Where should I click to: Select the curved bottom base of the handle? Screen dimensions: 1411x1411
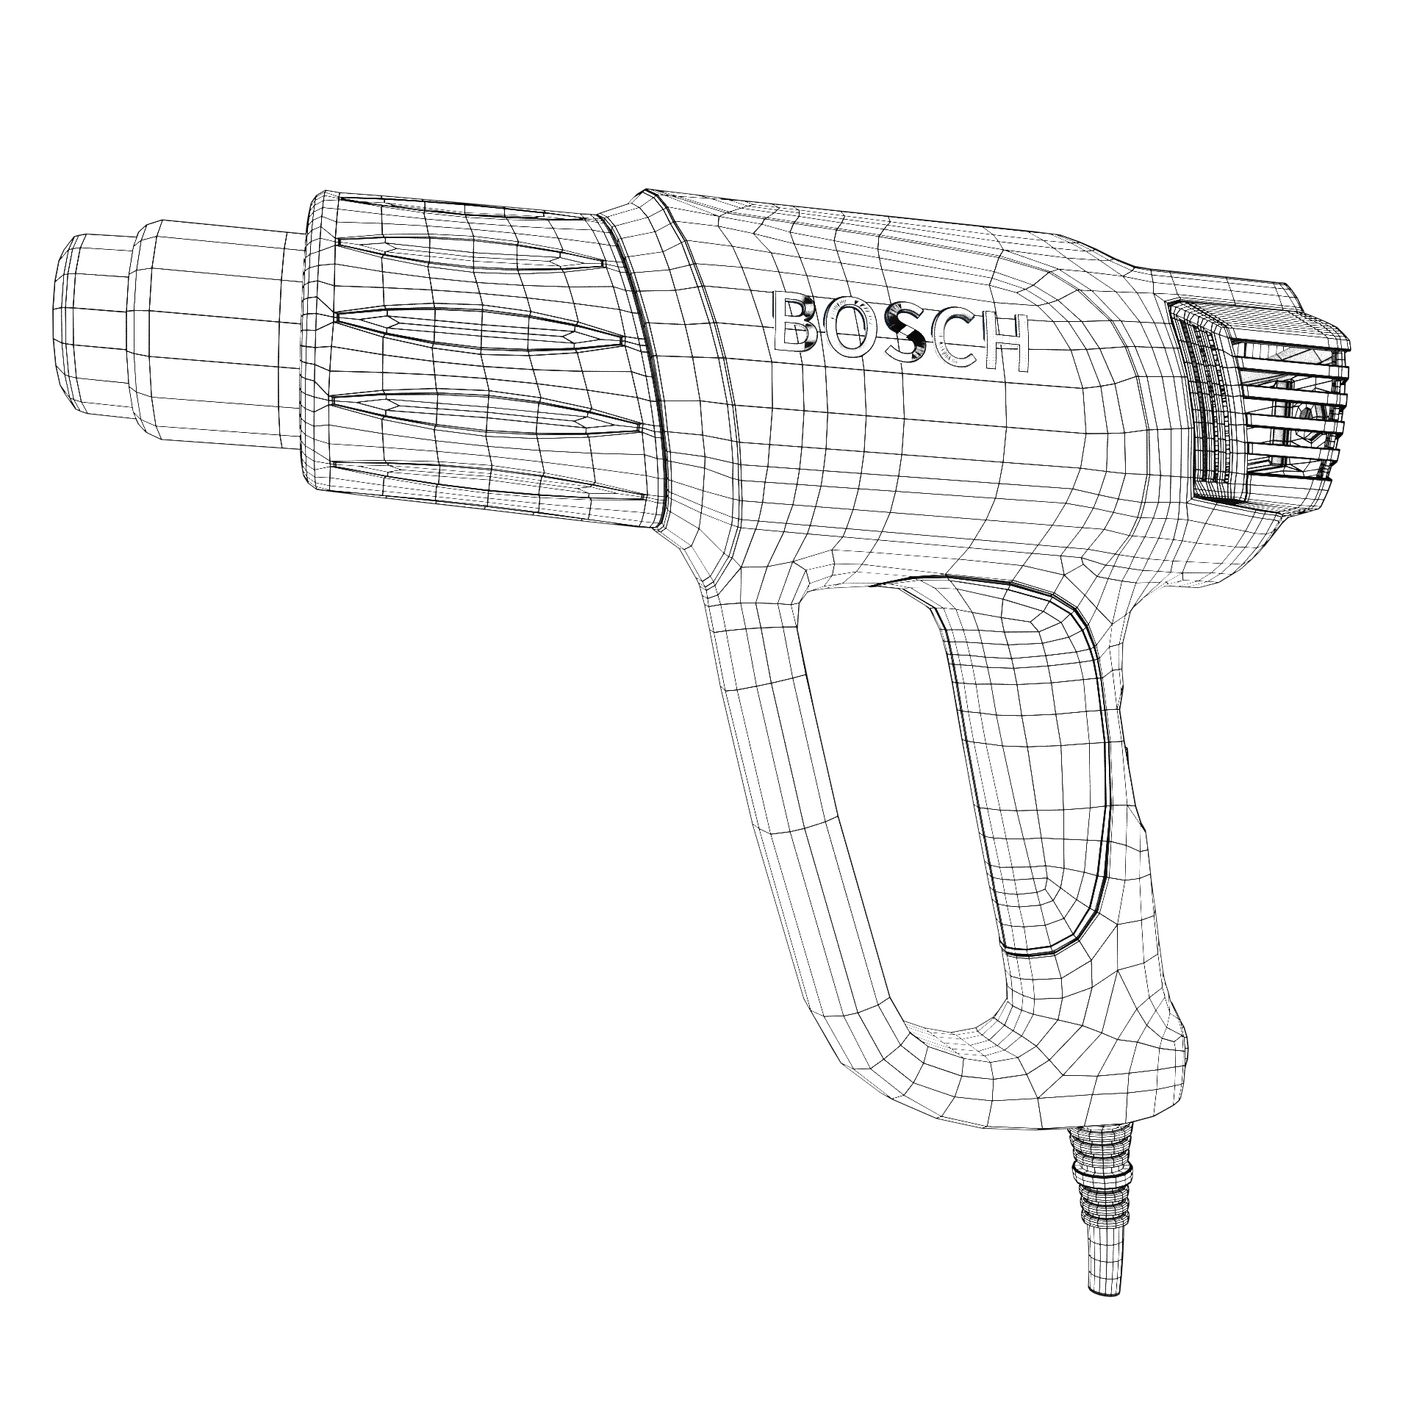click(1029, 1080)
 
